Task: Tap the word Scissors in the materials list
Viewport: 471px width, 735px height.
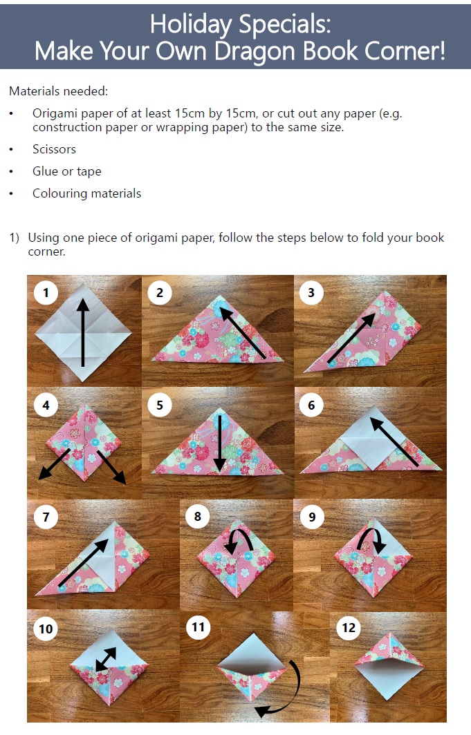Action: point(54,149)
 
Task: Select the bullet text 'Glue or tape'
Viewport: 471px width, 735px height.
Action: point(66,171)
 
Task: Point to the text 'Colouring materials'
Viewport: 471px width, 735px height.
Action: point(86,193)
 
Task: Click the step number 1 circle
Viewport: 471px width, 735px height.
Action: point(46,292)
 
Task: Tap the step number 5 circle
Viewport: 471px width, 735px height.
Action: point(160,405)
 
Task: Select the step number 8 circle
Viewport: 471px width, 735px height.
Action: point(198,516)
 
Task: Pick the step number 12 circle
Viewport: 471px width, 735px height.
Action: point(349,627)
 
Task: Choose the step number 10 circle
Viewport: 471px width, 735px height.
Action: point(46,629)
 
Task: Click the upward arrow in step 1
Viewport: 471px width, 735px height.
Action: point(83,332)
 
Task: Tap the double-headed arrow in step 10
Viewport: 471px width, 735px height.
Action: point(106,660)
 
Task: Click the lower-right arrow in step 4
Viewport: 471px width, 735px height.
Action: point(111,468)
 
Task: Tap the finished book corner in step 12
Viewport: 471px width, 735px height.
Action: point(389,667)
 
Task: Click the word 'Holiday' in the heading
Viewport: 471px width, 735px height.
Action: point(190,24)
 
